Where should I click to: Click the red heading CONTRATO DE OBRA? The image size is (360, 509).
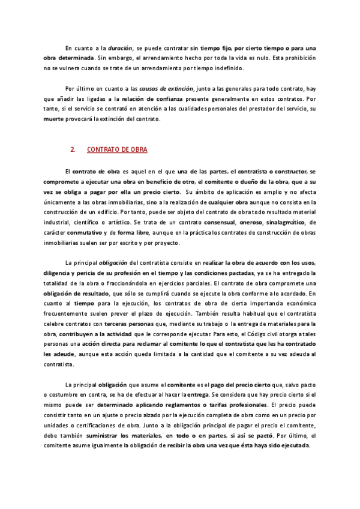click(x=117, y=149)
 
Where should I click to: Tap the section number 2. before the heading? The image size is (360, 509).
click(x=72, y=149)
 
